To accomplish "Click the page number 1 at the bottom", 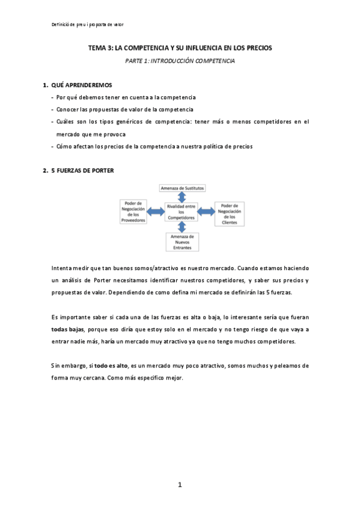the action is (180, 485).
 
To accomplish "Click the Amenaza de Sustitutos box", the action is (182, 188).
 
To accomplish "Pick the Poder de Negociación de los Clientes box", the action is (229, 213).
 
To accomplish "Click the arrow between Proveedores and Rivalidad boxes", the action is (156, 210).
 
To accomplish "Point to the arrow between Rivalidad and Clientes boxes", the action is (206, 210).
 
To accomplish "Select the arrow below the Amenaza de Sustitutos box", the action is (182, 196).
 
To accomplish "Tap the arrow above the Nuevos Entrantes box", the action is (182, 226).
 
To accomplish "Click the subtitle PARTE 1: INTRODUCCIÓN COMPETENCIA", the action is (180, 61).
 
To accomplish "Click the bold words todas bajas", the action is (68, 330).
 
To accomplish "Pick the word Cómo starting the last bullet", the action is (64, 147).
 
